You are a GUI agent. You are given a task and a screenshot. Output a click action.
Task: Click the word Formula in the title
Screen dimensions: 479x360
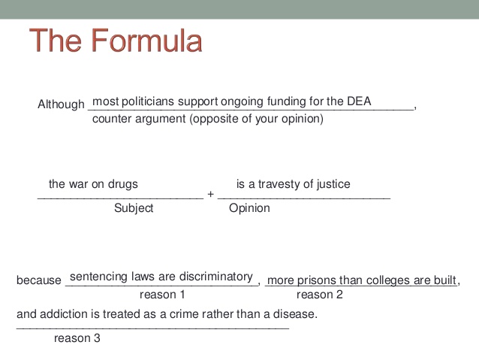(146, 41)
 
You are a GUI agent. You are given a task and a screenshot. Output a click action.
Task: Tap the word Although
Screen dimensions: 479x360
(61, 104)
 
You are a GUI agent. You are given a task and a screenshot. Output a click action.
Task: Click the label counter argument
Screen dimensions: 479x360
(139, 119)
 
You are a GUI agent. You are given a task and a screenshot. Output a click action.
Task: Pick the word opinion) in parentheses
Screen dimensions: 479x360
(303, 119)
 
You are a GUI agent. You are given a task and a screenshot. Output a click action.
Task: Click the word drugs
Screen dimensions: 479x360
(123, 184)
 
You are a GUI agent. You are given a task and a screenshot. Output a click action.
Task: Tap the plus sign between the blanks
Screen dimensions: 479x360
(210, 194)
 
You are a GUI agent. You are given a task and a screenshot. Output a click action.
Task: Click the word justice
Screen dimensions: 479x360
(333, 184)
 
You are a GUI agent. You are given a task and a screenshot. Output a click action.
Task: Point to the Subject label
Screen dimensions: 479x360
(134, 208)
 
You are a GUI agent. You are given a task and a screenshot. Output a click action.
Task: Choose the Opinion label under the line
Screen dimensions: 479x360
(249, 208)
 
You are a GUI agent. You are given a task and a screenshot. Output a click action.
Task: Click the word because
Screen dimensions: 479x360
(39, 280)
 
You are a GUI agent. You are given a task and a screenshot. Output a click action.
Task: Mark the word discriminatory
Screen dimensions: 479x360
(216, 277)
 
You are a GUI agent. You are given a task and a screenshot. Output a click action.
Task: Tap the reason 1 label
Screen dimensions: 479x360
(162, 295)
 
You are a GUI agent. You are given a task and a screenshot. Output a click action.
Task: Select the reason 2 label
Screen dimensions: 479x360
(320, 295)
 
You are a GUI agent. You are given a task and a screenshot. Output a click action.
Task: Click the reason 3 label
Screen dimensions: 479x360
(77, 338)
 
